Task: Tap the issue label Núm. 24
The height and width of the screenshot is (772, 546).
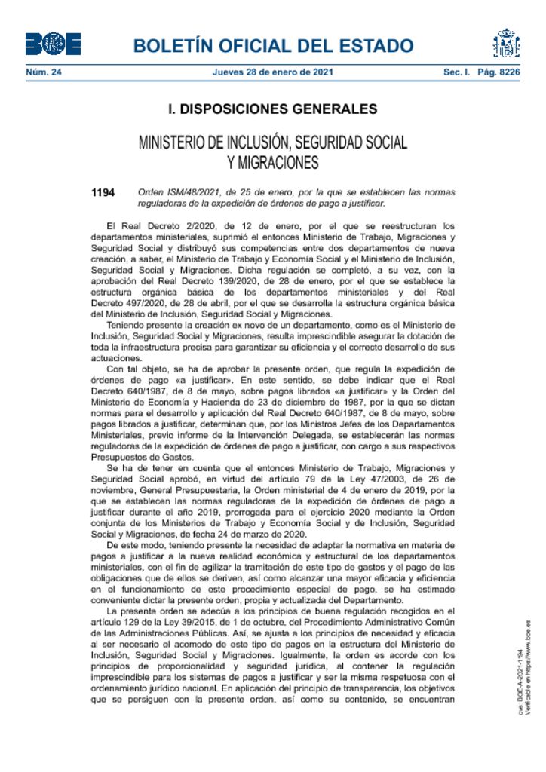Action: click(43, 73)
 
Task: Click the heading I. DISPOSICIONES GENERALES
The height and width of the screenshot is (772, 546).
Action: click(272, 109)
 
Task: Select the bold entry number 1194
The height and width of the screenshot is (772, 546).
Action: click(103, 193)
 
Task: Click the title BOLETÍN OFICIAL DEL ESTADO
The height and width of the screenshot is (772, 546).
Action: click(273, 46)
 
